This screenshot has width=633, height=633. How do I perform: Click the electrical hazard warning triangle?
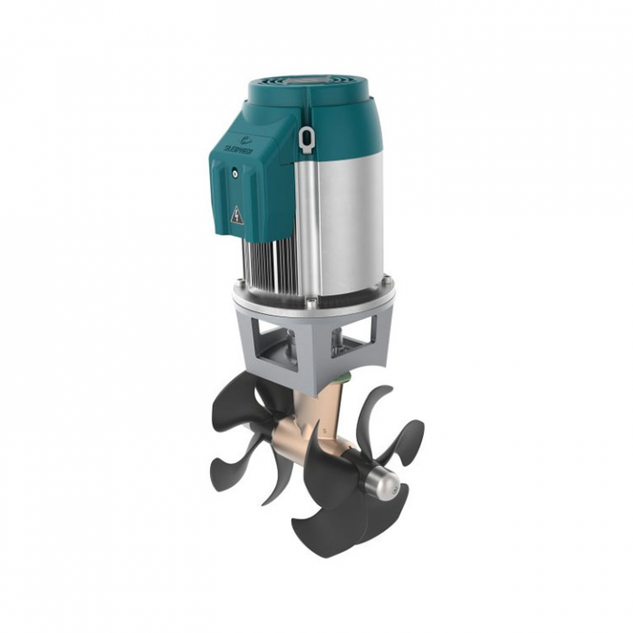point(237,215)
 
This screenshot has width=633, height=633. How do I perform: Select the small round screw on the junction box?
point(235,174)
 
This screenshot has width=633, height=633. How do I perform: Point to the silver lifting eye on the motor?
point(306,138)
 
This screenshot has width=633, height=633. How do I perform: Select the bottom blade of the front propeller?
point(325,527)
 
